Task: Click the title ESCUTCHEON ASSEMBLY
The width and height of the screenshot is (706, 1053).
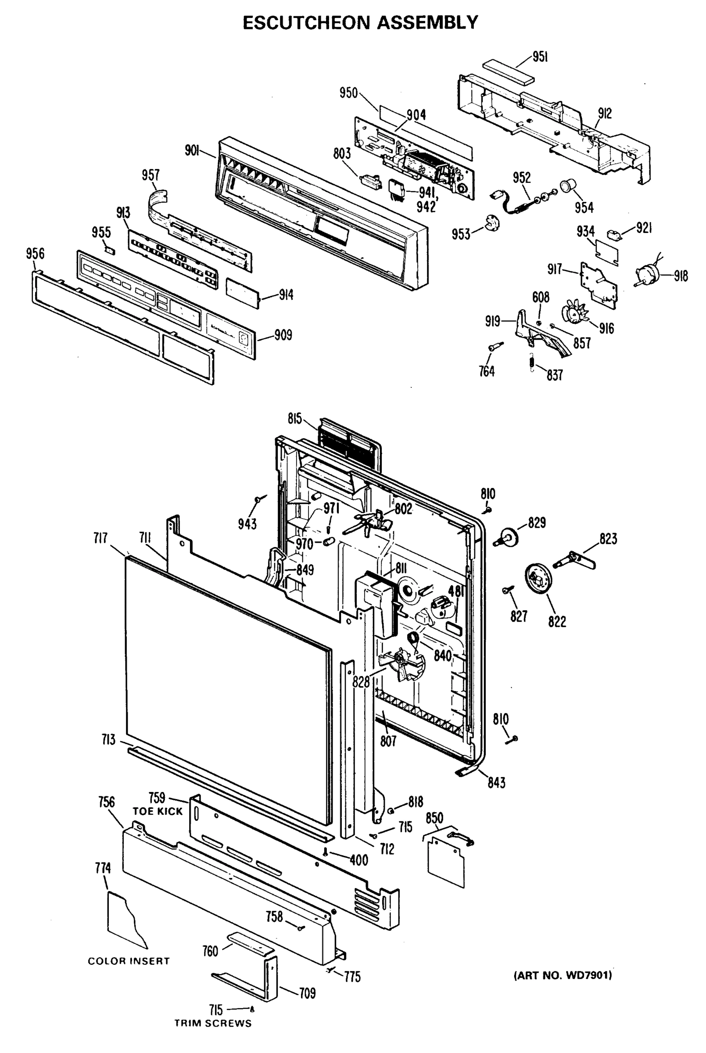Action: (360, 22)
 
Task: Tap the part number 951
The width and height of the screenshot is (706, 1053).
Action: (540, 57)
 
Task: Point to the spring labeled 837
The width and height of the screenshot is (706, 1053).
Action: (531, 362)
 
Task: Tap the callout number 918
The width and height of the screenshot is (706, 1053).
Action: (681, 276)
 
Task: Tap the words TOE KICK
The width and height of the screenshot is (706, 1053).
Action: (158, 811)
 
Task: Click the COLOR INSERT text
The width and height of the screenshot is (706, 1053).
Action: (129, 961)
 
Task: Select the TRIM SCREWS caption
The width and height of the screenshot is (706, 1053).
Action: (213, 1023)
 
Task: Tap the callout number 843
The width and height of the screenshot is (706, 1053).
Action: (496, 782)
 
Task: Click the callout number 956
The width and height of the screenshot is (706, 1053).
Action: (35, 254)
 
